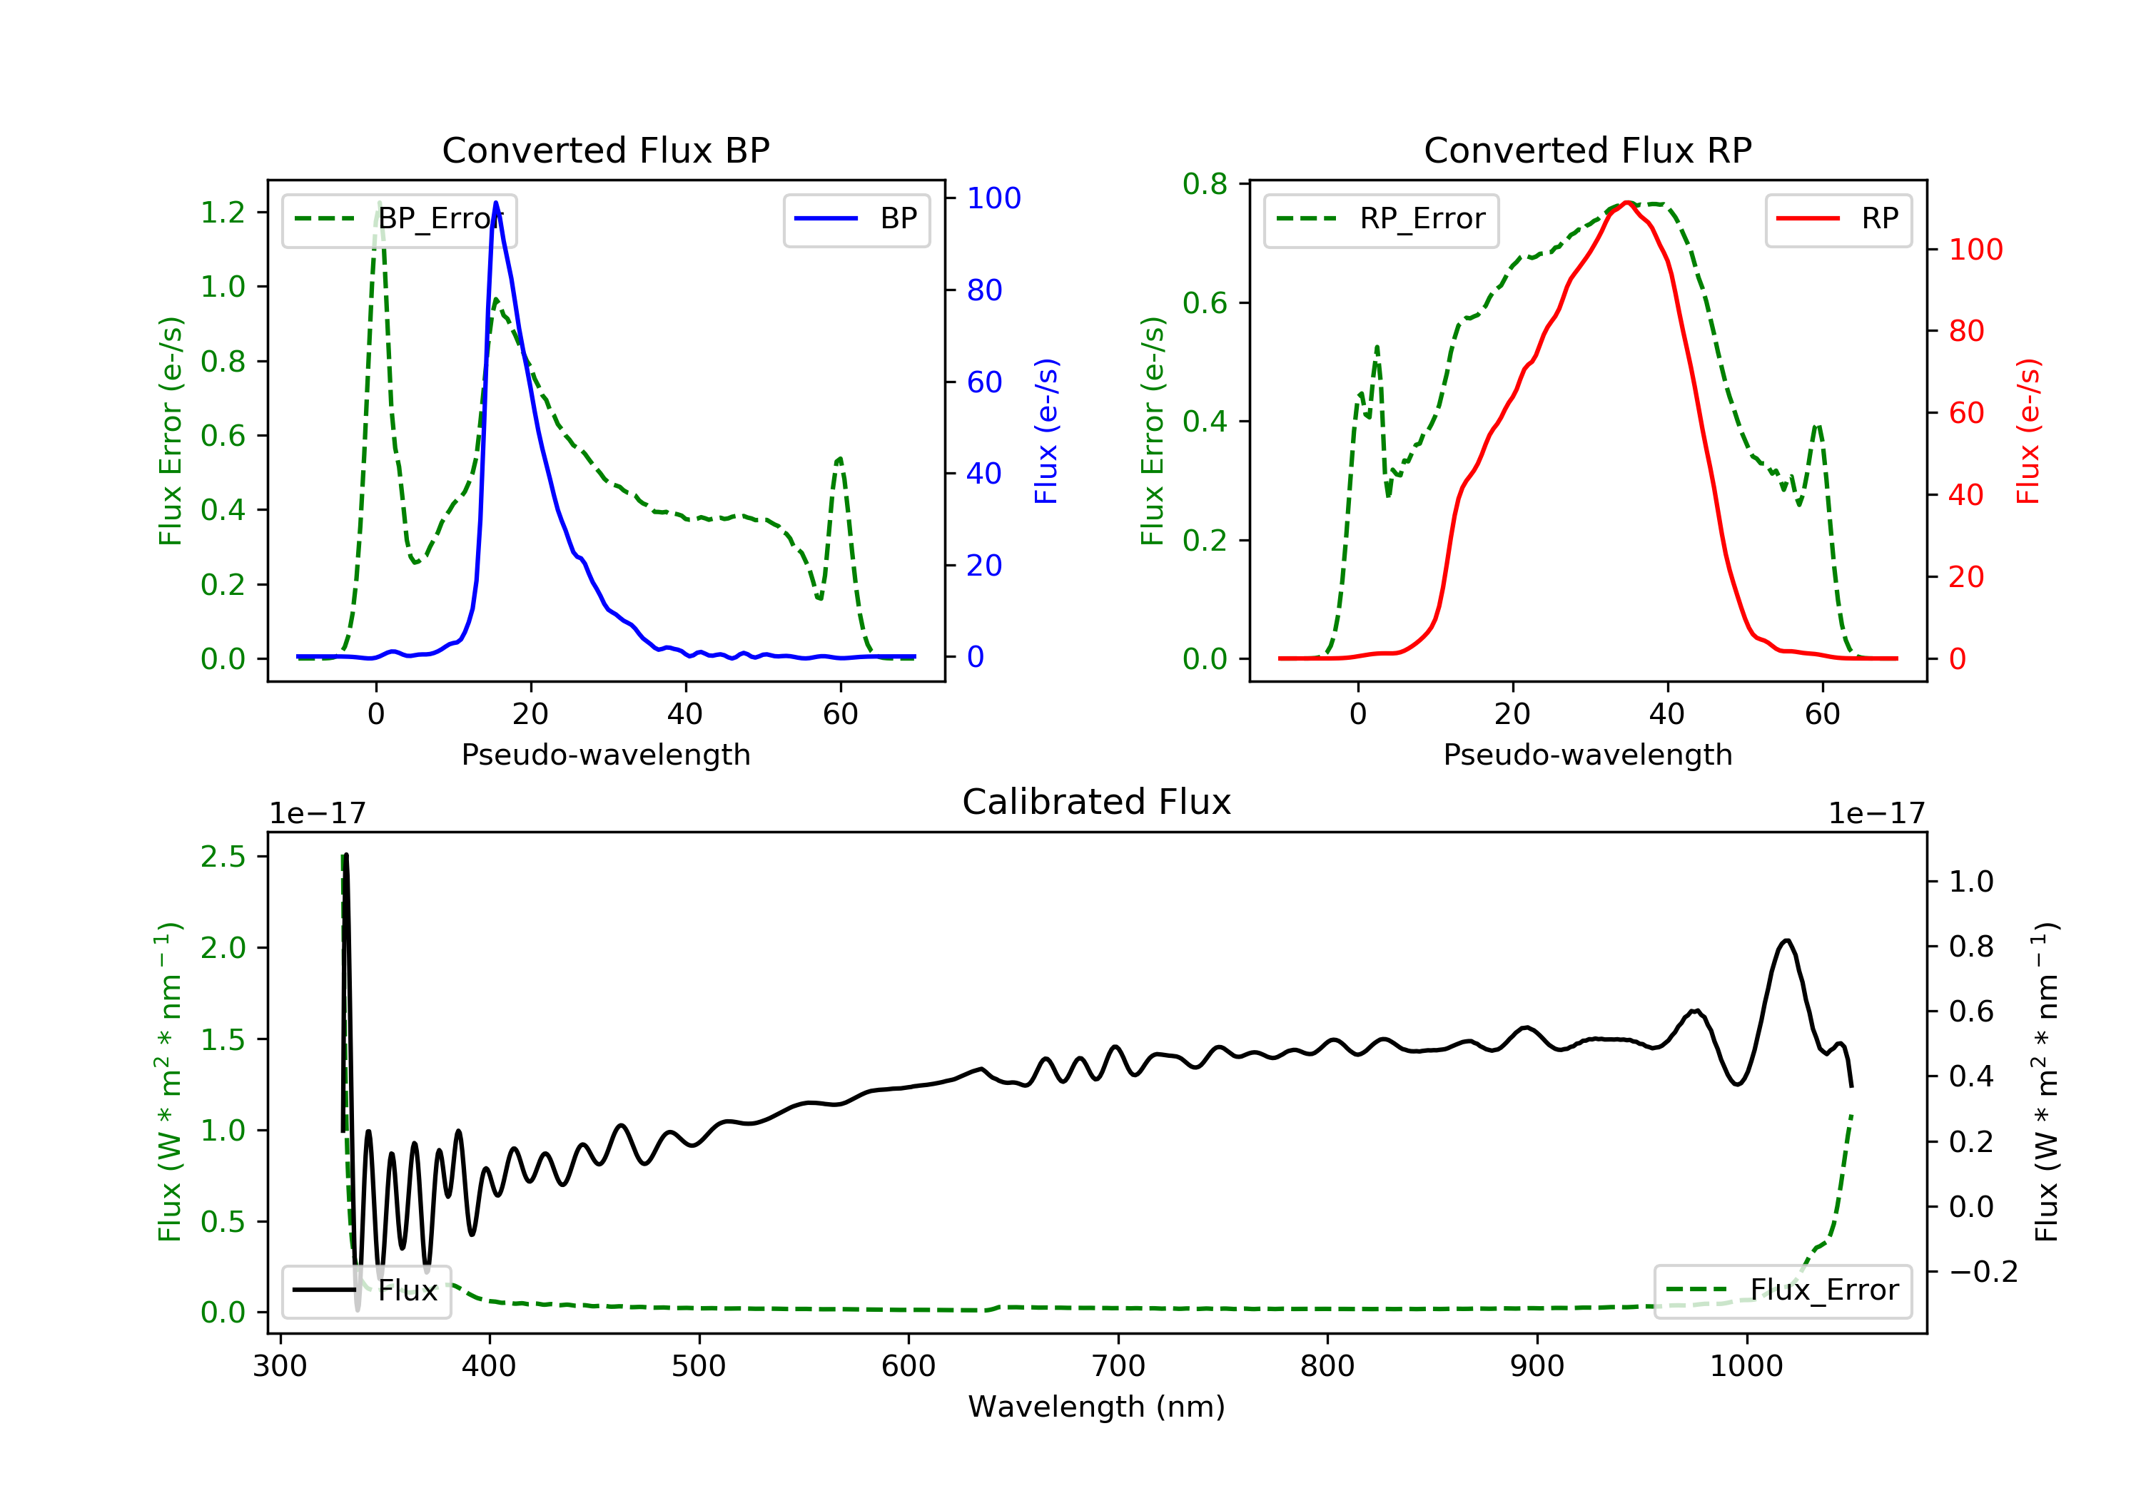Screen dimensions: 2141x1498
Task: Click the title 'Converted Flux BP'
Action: point(605,150)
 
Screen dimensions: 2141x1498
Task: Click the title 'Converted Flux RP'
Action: point(1587,150)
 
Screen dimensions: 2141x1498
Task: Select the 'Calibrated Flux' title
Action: point(1097,802)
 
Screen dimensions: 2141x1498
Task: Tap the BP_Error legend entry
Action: point(399,219)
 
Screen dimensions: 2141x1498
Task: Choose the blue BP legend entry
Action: point(856,219)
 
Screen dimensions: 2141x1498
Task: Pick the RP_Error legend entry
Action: point(1381,219)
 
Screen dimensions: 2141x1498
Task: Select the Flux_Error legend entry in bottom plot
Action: point(1782,1290)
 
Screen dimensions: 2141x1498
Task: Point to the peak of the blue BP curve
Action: point(496,203)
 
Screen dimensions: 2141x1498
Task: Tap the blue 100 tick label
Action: point(994,198)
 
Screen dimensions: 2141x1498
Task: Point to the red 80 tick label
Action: point(1967,331)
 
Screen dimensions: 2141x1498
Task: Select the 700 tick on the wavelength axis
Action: point(1118,1367)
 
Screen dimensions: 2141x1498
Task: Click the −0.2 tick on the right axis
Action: point(1983,1271)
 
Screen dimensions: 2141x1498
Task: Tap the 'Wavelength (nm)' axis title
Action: point(1097,1407)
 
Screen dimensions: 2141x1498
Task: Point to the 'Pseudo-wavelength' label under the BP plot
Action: point(606,754)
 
